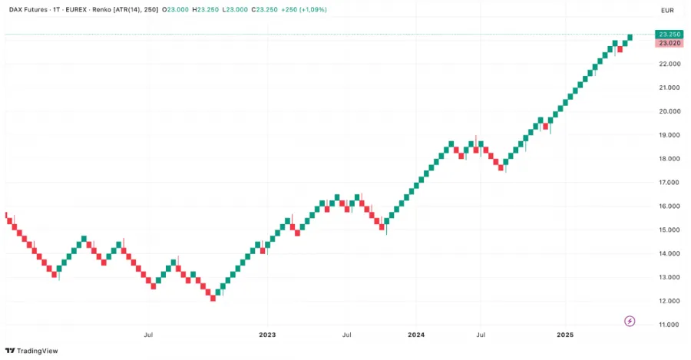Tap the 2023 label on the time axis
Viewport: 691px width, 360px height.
click(x=267, y=335)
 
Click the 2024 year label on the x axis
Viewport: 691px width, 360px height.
click(x=416, y=335)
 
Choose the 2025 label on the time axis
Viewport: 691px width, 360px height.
click(x=565, y=335)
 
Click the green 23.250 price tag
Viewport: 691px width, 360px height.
click(x=668, y=35)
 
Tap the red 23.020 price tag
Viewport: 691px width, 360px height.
click(x=668, y=43)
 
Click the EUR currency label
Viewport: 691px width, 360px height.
click(x=666, y=10)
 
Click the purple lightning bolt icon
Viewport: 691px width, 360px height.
click(x=630, y=321)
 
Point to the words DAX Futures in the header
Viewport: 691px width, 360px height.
click(x=28, y=9)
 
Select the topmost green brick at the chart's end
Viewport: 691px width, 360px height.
click(x=630, y=37)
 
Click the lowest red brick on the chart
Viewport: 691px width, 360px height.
click(x=213, y=298)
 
